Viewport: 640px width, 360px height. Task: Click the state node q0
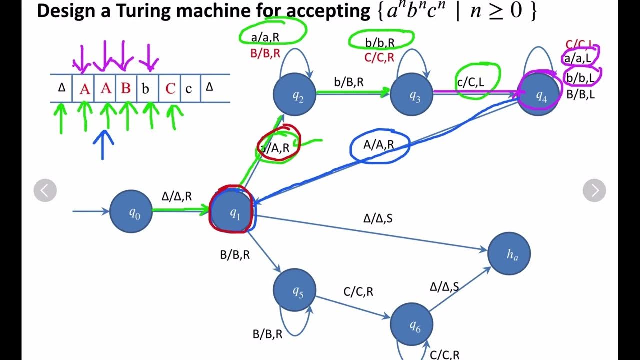click(x=131, y=212)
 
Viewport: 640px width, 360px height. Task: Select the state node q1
click(x=233, y=211)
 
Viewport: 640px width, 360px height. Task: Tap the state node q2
click(x=295, y=95)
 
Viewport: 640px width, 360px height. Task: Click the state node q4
click(x=539, y=95)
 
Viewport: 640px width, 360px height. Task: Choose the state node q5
click(x=295, y=290)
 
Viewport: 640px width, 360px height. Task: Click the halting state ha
click(x=509, y=253)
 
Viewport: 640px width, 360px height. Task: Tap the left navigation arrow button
click(x=45, y=190)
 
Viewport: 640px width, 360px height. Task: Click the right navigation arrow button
click(x=594, y=190)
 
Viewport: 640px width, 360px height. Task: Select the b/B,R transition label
click(x=353, y=82)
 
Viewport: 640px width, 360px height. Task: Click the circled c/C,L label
click(x=471, y=82)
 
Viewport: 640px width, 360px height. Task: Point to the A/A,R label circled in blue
click(x=378, y=145)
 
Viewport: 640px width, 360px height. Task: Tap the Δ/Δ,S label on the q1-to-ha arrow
click(x=378, y=218)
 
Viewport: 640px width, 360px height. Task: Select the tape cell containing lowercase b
click(x=146, y=89)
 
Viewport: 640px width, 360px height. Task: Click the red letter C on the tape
click(x=170, y=89)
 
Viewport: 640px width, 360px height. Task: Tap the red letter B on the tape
click(x=126, y=89)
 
